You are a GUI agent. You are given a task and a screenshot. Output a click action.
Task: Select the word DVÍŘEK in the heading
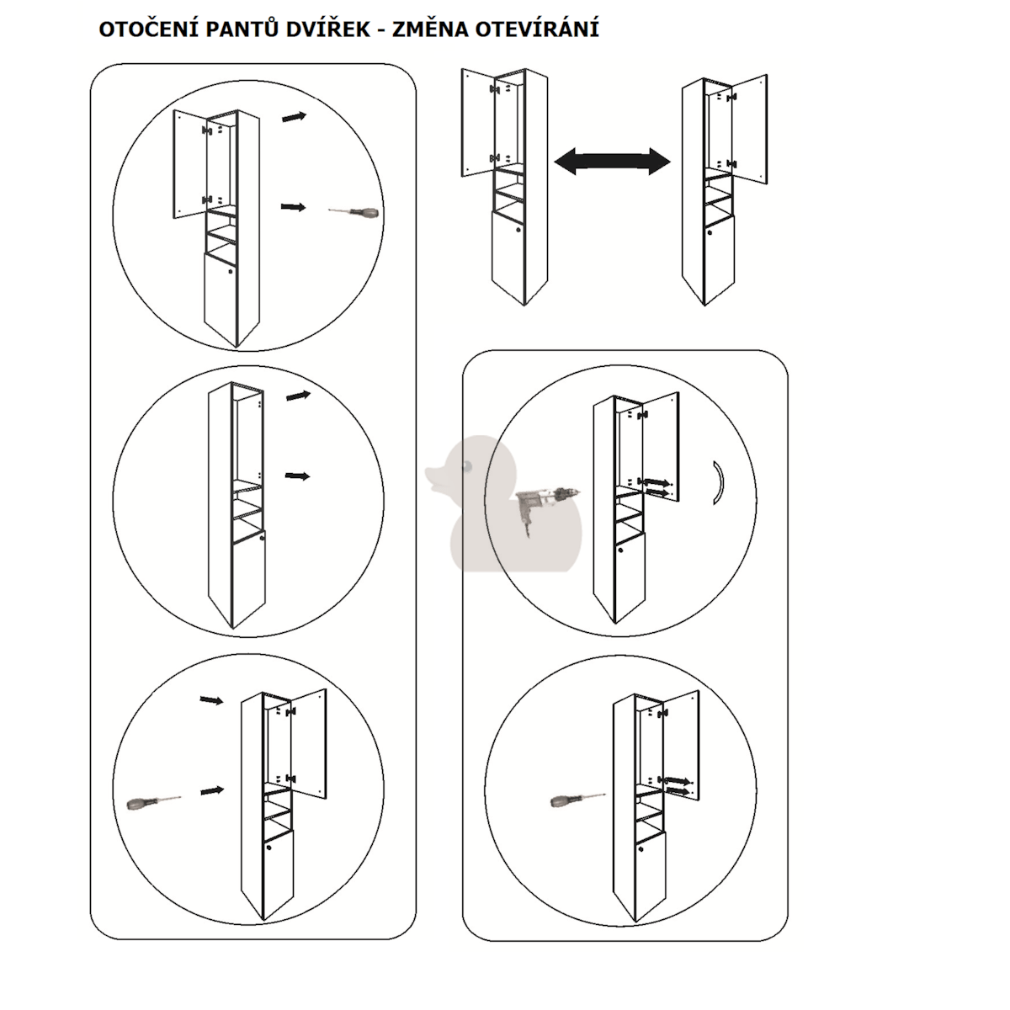[x=328, y=29]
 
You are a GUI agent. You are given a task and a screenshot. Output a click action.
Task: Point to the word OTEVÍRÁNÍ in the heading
[x=537, y=29]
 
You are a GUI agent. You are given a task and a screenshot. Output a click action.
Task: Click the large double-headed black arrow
[x=612, y=162]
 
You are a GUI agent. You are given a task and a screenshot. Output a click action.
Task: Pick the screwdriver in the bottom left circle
[x=154, y=802]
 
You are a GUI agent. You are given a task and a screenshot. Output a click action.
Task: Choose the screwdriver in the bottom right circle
[x=577, y=800]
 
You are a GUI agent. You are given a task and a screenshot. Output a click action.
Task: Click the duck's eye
[x=465, y=465]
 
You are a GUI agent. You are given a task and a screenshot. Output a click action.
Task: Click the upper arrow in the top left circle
[x=294, y=117]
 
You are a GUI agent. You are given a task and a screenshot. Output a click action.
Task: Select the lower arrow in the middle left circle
[x=297, y=476]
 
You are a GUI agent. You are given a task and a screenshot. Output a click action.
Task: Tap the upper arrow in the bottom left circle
[x=212, y=700]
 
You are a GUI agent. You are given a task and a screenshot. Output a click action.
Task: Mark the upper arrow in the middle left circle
[x=298, y=396]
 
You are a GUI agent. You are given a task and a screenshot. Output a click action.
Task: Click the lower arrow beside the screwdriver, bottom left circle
[x=212, y=790]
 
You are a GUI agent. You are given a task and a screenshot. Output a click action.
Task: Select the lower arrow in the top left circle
[x=293, y=208]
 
